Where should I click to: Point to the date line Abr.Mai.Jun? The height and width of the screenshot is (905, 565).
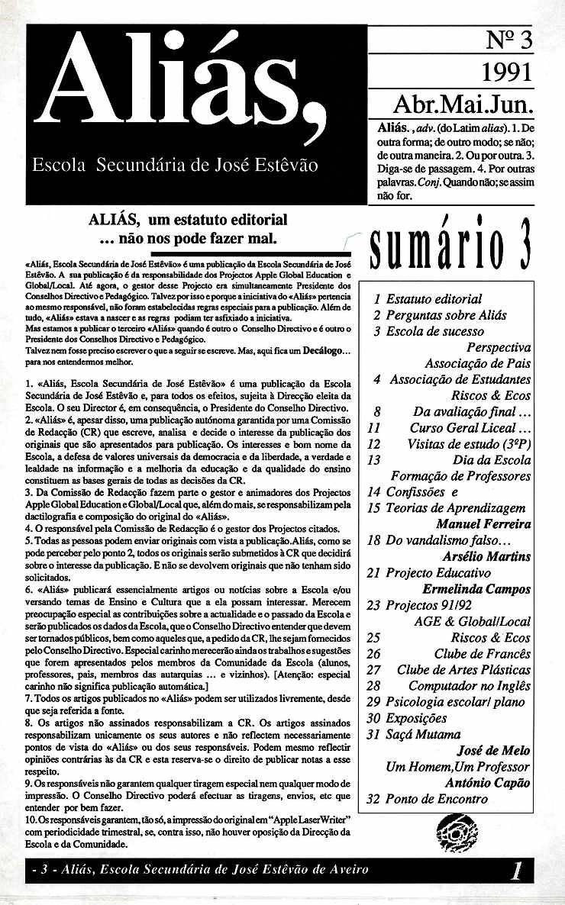[463, 101]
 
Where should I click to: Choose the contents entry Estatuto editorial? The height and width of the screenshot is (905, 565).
[434, 299]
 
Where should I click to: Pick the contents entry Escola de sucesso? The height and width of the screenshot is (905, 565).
[434, 331]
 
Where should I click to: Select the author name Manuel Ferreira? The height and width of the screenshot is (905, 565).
[483, 524]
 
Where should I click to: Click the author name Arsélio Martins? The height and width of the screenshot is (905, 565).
[486, 556]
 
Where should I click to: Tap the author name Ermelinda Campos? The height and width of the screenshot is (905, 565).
[476, 589]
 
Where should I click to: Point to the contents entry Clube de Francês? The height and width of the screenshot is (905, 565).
[482, 653]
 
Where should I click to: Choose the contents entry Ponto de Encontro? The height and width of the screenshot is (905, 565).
[436, 799]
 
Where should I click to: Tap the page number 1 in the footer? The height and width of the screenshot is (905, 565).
[518, 871]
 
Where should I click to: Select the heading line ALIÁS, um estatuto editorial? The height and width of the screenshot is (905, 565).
[188, 221]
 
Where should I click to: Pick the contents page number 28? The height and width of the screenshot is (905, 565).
[373, 685]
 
